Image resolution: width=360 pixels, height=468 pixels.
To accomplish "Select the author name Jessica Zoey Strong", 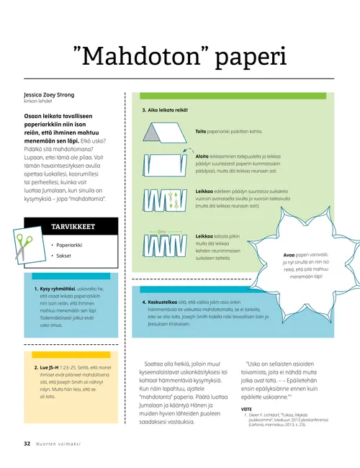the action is [55, 95].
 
